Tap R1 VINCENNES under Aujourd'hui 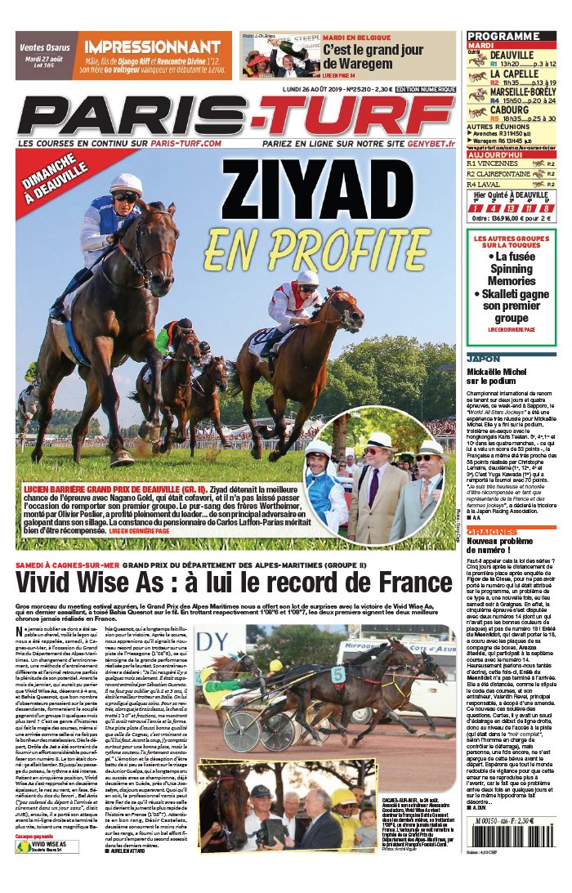[494, 163]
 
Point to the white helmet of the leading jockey [126, 183]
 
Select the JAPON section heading [481, 358]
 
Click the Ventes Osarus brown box [46, 56]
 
